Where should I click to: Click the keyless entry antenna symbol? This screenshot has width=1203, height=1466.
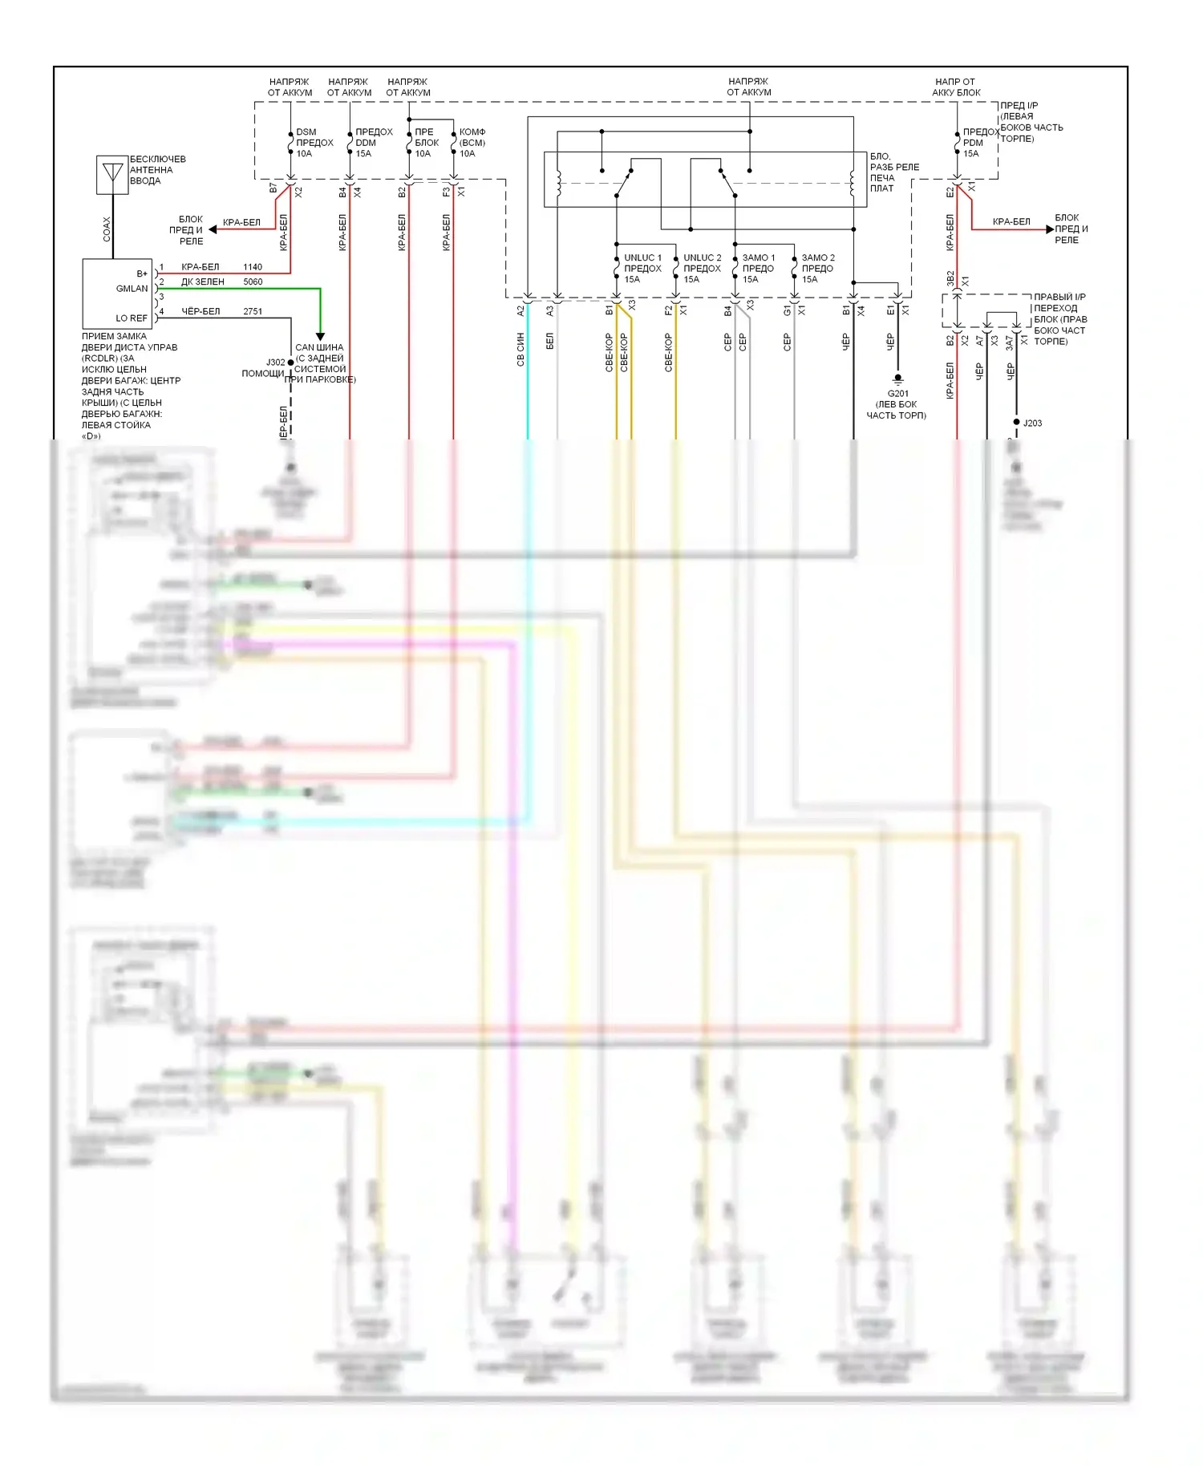pyautogui.click(x=112, y=174)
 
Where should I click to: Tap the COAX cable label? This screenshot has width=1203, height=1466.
pyautogui.click(x=107, y=229)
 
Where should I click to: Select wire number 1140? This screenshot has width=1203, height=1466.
pyautogui.click(x=253, y=267)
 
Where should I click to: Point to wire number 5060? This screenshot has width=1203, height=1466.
pyautogui.click(x=253, y=281)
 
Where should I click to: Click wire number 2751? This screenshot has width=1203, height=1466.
pyautogui.click(x=253, y=311)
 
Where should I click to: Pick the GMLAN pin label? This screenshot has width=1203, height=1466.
pyautogui.click(x=132, y=289)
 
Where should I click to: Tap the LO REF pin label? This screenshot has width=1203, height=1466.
pyautogui.click(x=132, y=318)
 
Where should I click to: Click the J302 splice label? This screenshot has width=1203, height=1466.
pyautogui.click(x=275, y=362)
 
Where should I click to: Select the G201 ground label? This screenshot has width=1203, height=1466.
pyautogui.click(x=897, y=394)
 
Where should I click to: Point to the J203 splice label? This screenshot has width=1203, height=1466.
pyautogui.click(x=1032, y=423)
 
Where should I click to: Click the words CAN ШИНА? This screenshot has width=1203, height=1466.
pyautogui.click(x=319, y=347)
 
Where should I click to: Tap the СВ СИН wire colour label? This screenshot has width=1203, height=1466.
pyautogui.click(x=520, y=350)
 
